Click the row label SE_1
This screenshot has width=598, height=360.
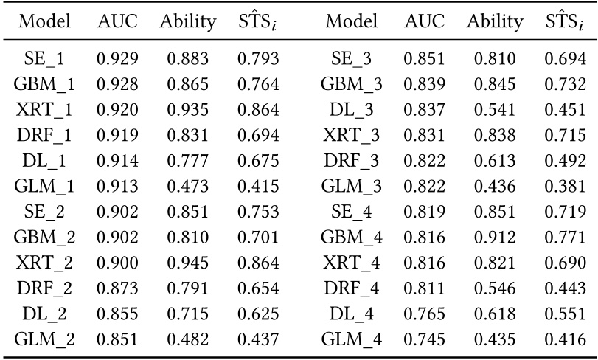[44, 58]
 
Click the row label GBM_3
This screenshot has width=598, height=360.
[351, 83]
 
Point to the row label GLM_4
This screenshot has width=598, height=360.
[351, 340]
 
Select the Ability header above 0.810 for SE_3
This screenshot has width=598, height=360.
[494, 22]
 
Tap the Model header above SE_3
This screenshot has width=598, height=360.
[351, 22]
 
